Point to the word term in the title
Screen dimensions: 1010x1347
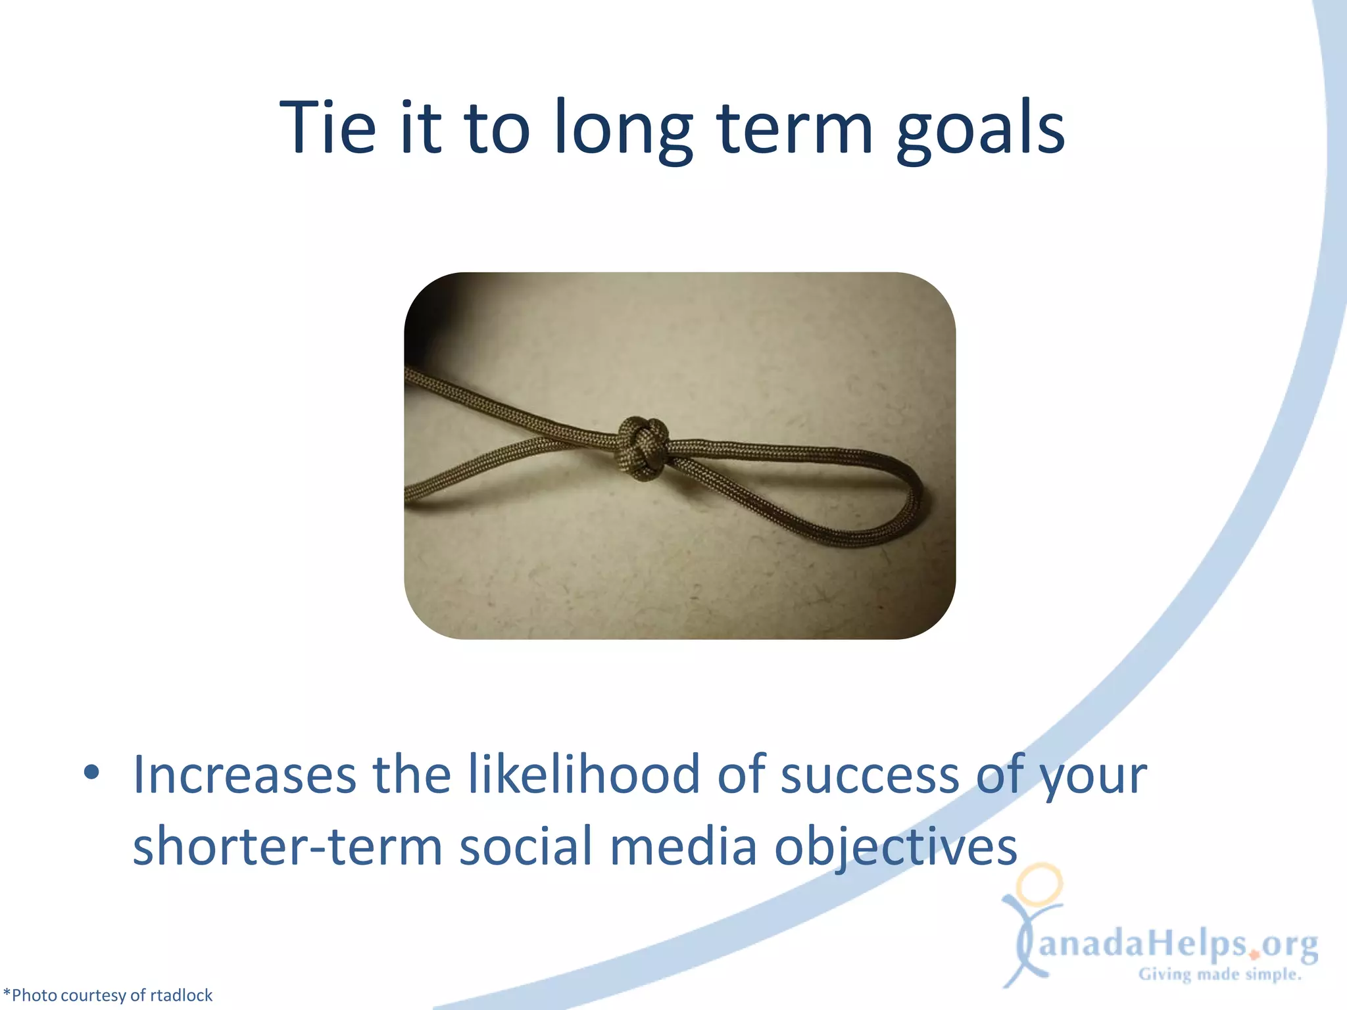(x=795, y=128)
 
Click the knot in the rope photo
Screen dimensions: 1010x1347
(x=643, y=446)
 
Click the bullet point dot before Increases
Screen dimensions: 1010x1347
(x=91, y=773)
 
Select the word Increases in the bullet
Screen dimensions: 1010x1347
(x=245, y=775)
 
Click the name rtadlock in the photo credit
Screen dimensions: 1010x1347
(x=181, y=995)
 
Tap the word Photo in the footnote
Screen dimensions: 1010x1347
(x=34, y=995)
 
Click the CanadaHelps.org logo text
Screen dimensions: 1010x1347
(x=1177, y=945)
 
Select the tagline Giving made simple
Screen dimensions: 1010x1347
(x=1220, y=974)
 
